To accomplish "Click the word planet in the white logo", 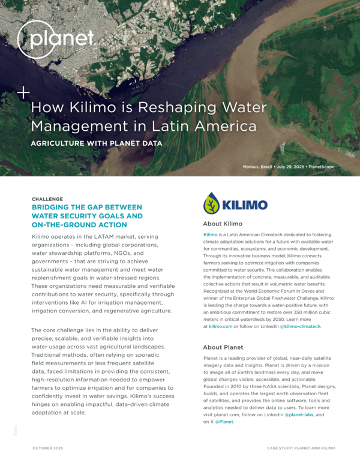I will click(x=64, y=39).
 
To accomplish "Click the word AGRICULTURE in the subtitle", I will click(x=65, y=143).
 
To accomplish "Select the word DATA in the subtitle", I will click(x=153, y=143).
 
